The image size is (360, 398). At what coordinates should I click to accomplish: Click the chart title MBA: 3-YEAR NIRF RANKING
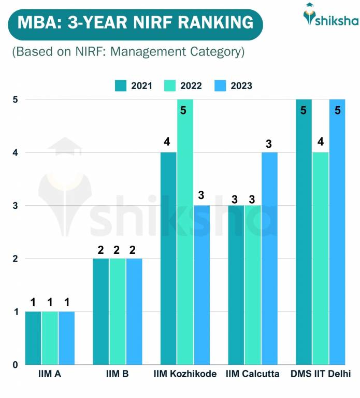(x=135, y=23)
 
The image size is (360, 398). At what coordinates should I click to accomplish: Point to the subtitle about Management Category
(x=128, y=52)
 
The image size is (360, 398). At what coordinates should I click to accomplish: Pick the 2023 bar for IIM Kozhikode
(x=201, y=285)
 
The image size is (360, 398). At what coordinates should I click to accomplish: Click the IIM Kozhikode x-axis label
(x=185, y=374)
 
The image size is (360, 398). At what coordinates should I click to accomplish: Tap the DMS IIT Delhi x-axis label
(x=320, y=374)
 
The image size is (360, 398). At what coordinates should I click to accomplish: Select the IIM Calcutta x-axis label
(x=253, y=374)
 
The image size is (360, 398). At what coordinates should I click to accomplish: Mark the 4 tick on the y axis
(x=16, y=152)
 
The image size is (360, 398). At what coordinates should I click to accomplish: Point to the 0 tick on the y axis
(x=16, y=364)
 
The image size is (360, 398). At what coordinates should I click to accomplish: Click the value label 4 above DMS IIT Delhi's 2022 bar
(x=320, y=142)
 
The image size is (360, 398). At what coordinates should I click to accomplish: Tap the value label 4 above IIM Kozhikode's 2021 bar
(x=168, y=142)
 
